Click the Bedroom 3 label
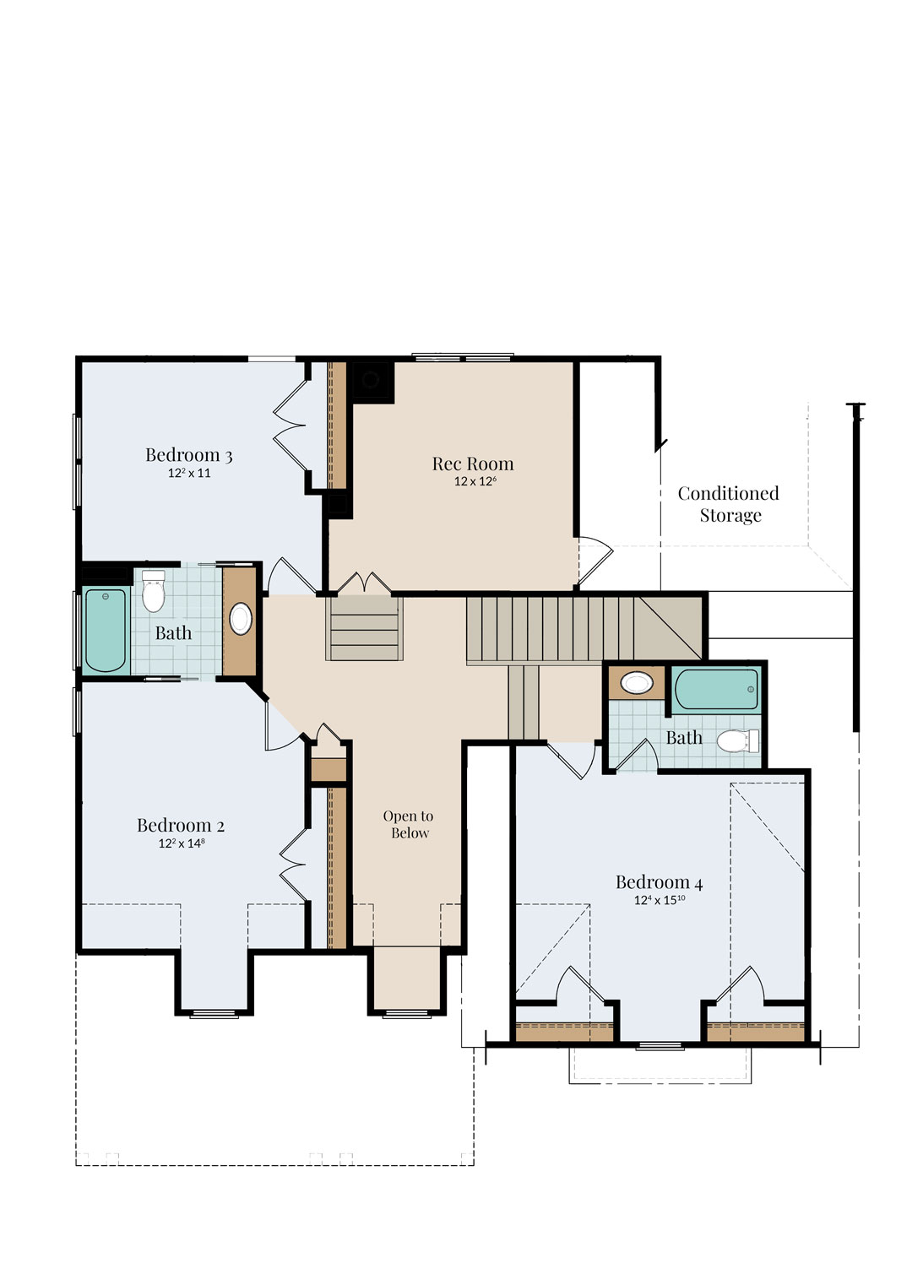(188, 454)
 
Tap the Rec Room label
(473, 463)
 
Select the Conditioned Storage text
(729, 503)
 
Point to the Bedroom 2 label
(180, 825)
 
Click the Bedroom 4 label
(660, 881)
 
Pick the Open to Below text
(409, 824)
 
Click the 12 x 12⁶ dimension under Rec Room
(475, 480)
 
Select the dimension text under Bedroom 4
(660, 899)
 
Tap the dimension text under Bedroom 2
(182, 843)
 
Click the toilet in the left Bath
(153, 590)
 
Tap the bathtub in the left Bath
(106, 631)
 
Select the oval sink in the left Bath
(241, 619)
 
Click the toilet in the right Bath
(738, 740)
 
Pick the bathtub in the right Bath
(716, 690)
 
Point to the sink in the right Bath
(636, 683)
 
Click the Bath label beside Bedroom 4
(684, 737)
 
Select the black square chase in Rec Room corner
(372, 380)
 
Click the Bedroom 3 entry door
(291, 576)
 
